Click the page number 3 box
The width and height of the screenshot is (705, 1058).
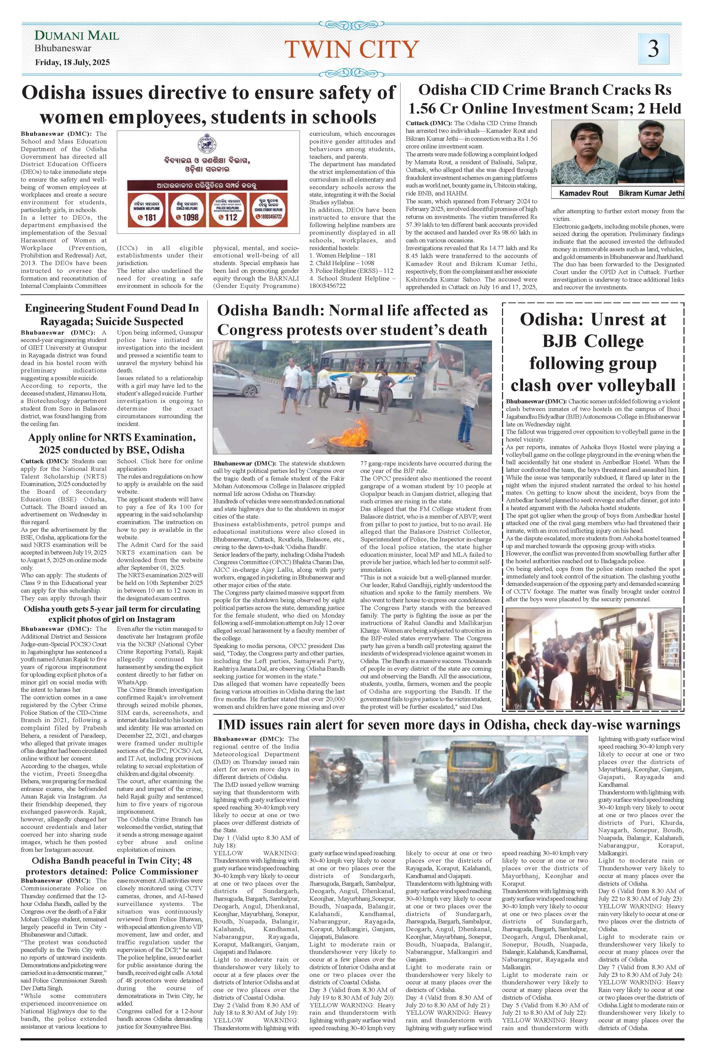coord(653,48)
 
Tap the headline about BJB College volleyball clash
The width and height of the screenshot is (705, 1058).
coord(593,352)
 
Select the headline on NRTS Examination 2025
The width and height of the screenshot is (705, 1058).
coord(111,443)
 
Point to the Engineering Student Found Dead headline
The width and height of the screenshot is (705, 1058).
coord(111,315)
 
